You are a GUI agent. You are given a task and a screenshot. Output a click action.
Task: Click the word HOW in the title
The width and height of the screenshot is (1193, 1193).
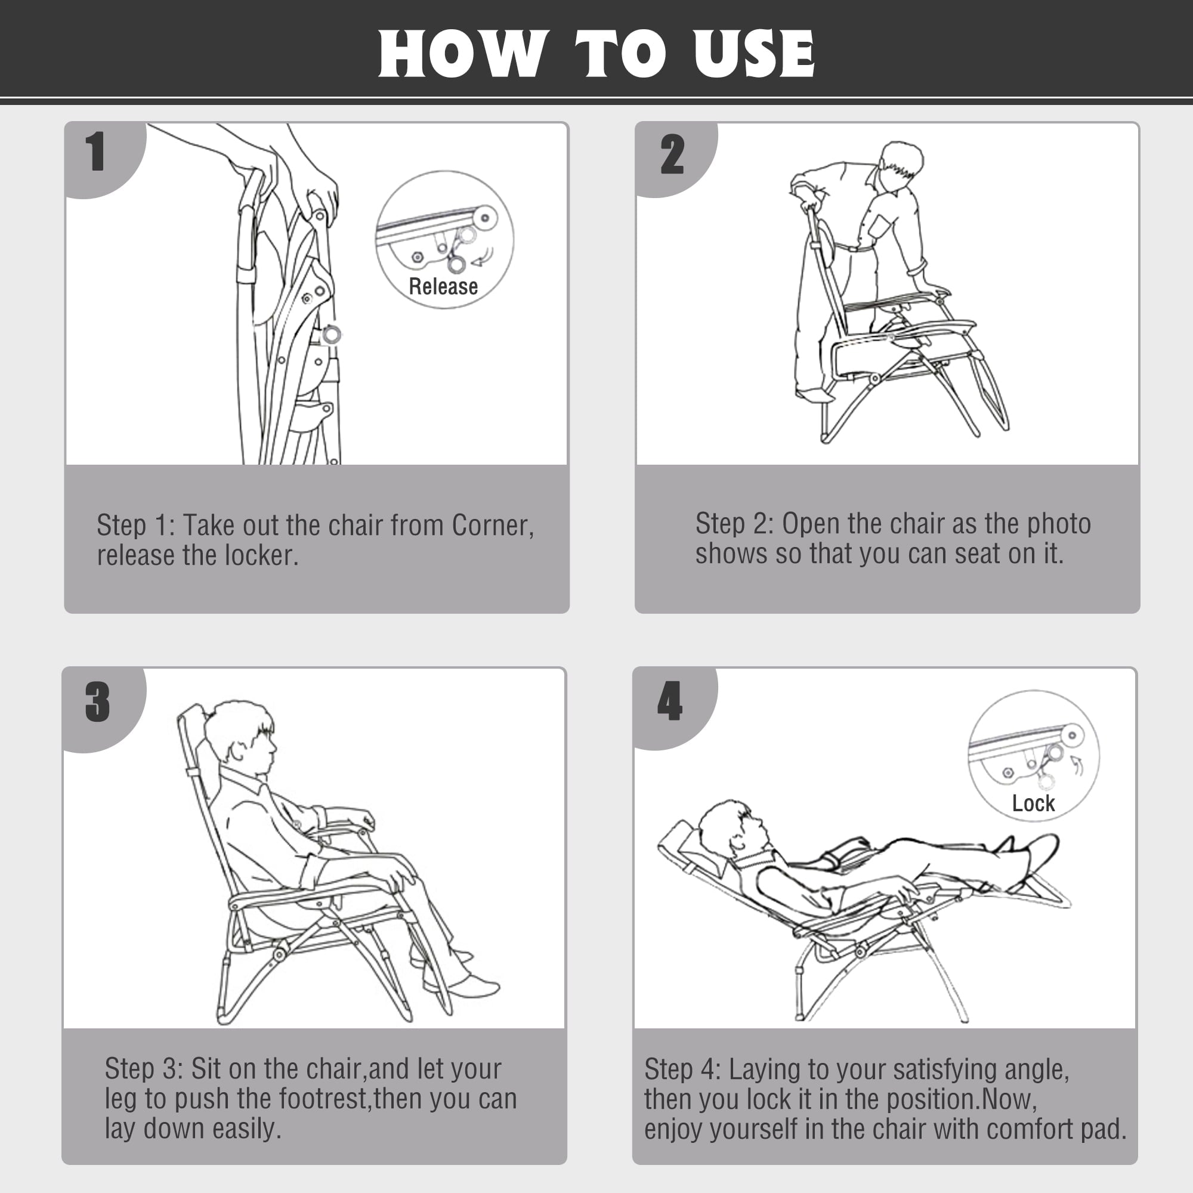462,54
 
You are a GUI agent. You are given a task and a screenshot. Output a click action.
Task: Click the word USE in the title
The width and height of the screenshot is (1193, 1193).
753,54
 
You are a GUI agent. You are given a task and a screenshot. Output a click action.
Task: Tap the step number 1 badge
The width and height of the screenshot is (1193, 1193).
95,152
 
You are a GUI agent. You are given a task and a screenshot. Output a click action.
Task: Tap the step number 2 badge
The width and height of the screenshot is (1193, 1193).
672,154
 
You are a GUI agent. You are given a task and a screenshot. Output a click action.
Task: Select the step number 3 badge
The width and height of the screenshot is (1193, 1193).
98,701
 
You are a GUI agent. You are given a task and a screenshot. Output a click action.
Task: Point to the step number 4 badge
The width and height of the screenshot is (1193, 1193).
670,701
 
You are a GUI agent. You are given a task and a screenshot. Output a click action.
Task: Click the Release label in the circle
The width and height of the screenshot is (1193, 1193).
443,286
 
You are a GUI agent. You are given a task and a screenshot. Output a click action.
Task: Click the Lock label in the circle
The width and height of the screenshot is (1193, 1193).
1033,803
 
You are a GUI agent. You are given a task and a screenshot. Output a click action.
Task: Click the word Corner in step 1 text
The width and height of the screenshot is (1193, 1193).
492,525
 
